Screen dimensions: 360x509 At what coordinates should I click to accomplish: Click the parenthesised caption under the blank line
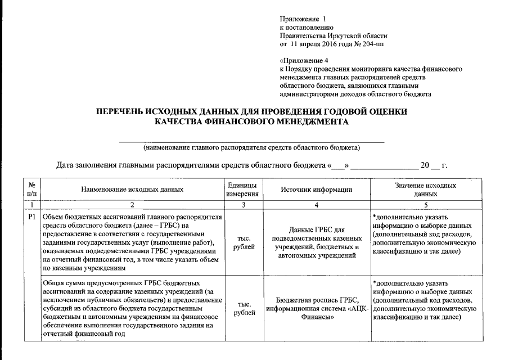(x=252, y=148)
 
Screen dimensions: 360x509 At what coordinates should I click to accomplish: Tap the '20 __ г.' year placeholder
(x=434, y=166)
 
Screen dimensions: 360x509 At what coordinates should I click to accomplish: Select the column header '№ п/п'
(x=31, y=190)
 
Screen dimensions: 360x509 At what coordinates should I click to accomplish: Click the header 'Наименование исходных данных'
(x=132, y=190)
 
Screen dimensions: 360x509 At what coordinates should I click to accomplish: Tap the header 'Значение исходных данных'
(x=425, y=190)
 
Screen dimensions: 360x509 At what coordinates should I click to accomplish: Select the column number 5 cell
(x=425, y=205)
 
